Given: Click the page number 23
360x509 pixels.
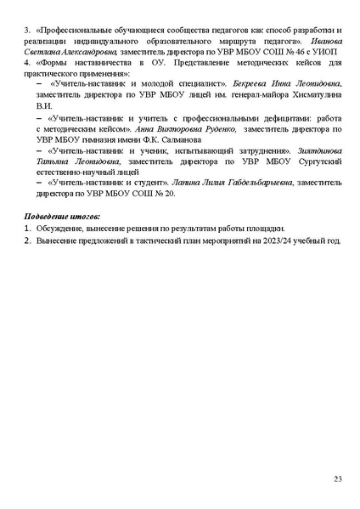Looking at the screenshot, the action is (x=338, y=480).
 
